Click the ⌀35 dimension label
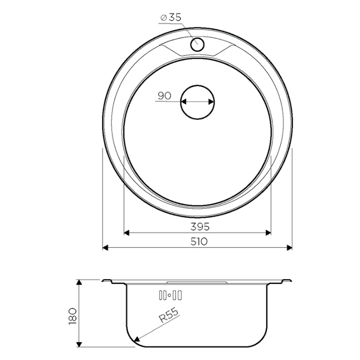coord(171,18)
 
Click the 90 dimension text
coord(164,96)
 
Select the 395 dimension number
coord(200,227)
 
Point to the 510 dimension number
coord(199,241)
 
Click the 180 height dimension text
coord(72,317)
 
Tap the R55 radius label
coord(168,315)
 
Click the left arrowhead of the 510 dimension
coord(105,248)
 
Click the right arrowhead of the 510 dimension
coord(289,248)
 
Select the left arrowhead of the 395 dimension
coord(126,233)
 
